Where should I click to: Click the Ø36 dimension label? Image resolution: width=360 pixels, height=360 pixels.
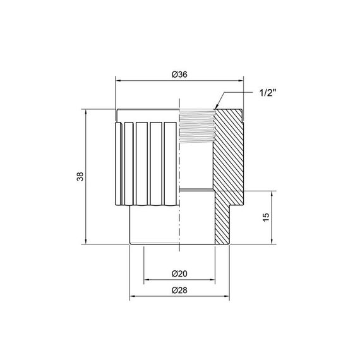(x=180, y=74)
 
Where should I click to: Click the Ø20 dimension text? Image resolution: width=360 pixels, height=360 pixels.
(x=180, y=273)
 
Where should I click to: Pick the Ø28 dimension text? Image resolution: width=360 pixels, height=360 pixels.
(x=180, y=291)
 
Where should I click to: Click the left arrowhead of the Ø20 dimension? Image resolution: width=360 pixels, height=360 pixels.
(x=147, y=279)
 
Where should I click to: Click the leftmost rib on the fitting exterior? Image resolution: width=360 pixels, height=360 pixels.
(x=118, y=164)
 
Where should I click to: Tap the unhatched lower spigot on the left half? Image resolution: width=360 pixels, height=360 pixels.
(x=155, y=225)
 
